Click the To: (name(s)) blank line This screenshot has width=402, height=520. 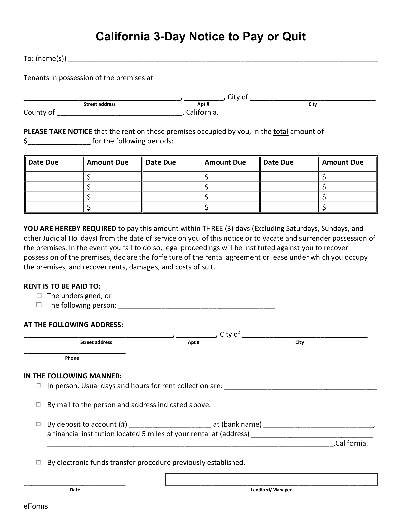223,60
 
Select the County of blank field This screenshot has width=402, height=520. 120,113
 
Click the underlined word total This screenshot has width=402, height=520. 281,132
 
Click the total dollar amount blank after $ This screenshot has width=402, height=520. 59,142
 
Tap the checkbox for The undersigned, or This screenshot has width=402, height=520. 39,295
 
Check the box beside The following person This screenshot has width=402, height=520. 39,305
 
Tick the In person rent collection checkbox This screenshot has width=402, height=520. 39,385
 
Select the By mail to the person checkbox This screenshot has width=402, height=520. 39,404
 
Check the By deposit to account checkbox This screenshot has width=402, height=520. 39,424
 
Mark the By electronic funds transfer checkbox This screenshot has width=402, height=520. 39,462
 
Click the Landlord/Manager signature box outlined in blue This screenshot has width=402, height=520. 271,479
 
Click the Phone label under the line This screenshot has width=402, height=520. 72,358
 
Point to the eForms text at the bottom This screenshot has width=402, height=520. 36,506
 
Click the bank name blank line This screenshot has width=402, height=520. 318,425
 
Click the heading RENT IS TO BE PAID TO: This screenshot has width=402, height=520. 62,286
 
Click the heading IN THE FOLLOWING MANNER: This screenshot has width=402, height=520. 73,376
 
